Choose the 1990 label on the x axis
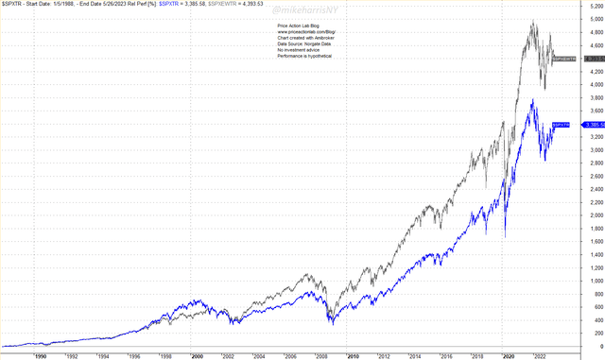41,355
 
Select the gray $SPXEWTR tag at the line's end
563,59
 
